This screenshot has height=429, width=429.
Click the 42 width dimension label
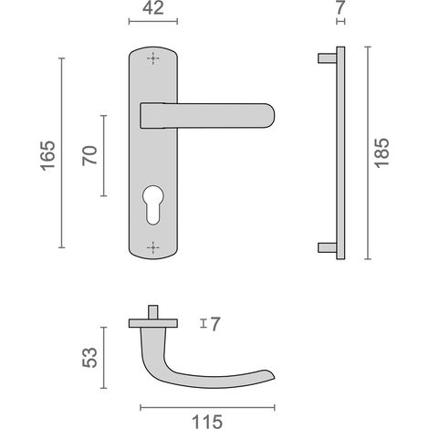point(153,8)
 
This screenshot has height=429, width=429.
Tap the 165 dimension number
point(48,155)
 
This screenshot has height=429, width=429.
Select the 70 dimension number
point(89,155)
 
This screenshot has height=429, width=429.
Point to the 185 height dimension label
point(382,153)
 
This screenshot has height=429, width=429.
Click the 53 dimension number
point(89,358)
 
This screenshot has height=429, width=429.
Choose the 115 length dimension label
point(207,422)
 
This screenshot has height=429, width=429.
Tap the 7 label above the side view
point(340,7)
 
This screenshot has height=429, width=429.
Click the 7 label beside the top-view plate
point(214,324)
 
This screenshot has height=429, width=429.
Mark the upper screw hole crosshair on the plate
point(153,58)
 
